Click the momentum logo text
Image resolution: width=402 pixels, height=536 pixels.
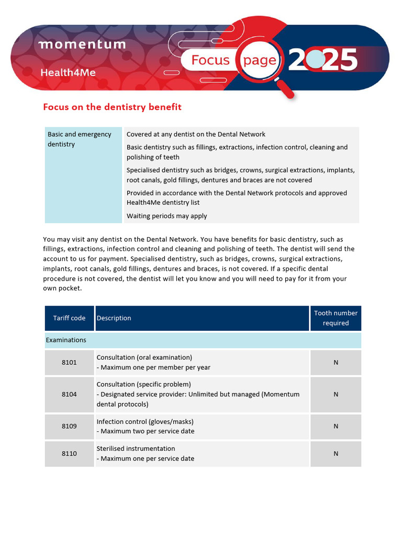click(82, 44)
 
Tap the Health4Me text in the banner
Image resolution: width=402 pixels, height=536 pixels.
click(68, 73)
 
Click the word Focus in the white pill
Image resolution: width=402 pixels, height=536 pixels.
click(210, 60)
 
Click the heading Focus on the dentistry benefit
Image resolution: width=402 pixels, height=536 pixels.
click(112, 107)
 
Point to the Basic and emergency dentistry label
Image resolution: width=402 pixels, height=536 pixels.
click(79, 139)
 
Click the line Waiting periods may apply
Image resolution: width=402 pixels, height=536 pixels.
click(166, 216)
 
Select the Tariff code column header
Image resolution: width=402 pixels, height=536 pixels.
click(69, 318)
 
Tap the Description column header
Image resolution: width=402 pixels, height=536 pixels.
click(114, 318)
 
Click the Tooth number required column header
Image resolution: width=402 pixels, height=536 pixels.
click(336, 318)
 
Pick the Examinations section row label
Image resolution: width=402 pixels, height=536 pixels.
click(66, 340)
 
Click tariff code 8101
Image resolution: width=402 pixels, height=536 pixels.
click(69, 362)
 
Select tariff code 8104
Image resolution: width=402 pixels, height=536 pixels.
click(69, 394)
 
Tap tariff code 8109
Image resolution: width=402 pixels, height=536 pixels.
click(69, 426)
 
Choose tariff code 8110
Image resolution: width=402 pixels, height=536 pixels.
click(69, 453)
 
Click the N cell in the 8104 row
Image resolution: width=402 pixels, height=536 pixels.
click(336, 394)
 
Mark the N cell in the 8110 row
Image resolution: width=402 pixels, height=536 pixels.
click(336, 453)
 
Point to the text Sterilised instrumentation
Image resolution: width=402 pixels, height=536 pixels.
click(136, 449)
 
